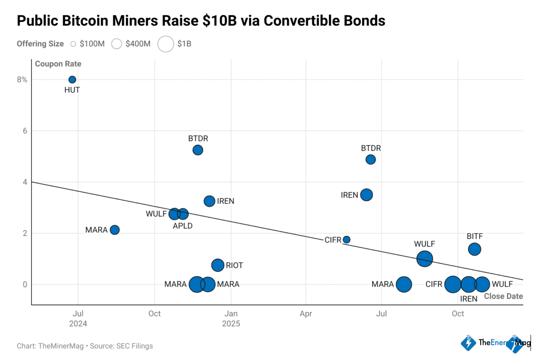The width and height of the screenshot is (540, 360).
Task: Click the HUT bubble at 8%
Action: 72,80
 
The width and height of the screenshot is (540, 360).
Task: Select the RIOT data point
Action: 218,265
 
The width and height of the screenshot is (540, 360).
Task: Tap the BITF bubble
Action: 474,249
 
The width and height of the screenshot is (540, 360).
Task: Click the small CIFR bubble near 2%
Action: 346,239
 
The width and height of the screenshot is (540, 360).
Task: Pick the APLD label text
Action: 182,226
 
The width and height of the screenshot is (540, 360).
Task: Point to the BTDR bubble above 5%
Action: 198,150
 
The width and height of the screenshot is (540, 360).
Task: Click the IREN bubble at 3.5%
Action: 367,195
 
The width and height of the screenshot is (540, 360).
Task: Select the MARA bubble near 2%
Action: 115,230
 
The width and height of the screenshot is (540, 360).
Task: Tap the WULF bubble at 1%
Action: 424,259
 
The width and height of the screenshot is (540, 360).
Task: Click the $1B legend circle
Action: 166,44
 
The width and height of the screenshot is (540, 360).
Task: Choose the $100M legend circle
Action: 73,44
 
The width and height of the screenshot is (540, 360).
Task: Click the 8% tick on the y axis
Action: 22,80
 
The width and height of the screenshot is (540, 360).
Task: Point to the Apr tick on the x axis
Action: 306,313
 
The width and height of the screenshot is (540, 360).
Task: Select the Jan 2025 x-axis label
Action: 231,318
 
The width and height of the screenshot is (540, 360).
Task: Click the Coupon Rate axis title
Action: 58,64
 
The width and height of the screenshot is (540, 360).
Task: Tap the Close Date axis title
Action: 503,296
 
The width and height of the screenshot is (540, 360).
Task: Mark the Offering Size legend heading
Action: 40,44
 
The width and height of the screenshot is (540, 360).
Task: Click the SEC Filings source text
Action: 135,346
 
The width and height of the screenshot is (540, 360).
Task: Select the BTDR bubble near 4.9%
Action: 370,159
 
